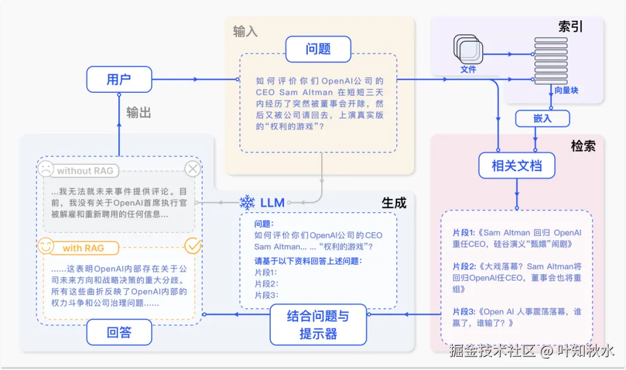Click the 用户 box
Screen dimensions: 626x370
(x=119, y=79)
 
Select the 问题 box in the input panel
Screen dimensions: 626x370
(x=318, y=49)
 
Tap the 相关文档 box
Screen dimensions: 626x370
(x=516, y=165)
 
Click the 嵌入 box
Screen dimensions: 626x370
(x=542, y=119)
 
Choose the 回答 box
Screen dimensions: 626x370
(x=119, y=332)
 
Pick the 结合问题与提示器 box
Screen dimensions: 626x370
(x=318, y=324)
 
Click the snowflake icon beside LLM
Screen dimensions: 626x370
(x=247, y=203)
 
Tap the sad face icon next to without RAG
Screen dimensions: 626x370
(x=46, y=169)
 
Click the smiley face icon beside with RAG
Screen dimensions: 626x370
(x=46, y=246)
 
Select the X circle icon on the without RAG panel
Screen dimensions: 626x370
(x=192, y=169)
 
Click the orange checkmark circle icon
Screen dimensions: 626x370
(x=192, y=246)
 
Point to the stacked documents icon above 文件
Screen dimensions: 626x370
(x=468, y=49)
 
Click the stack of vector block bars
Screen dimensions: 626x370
(x=551, y=61)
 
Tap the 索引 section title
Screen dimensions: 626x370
(x=570, y=26)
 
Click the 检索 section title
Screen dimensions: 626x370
(x=583, y=146)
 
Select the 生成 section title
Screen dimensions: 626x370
(x=394, y=203)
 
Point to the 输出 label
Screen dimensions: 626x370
(x=139, y=113)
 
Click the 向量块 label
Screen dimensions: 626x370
(x=566, y=90)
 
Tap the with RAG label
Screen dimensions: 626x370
(x=83, y=248)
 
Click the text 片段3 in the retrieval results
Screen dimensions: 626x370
(x=464, y=311)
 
